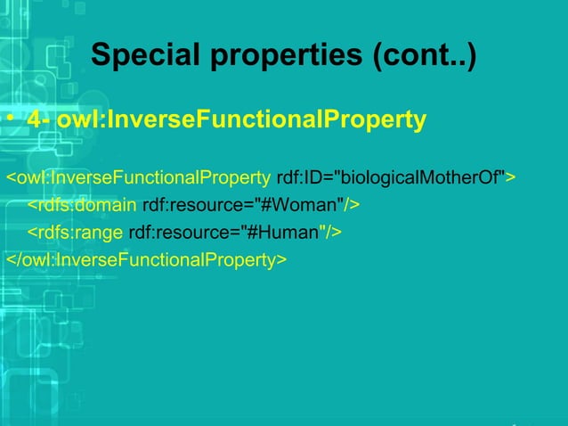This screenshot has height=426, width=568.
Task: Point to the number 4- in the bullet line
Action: pyautogui.click(x=39, y=119)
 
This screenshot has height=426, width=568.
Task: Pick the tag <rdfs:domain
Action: pyautogui.click(x=82, y=206)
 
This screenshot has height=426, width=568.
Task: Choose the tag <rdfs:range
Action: pyautogui.click(x=75, y=233)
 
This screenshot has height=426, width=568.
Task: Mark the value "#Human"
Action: pyautogui.click(x=285, y=233)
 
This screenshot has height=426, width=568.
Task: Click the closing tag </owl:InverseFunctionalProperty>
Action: pyautogui.click(x=146, y=259)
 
